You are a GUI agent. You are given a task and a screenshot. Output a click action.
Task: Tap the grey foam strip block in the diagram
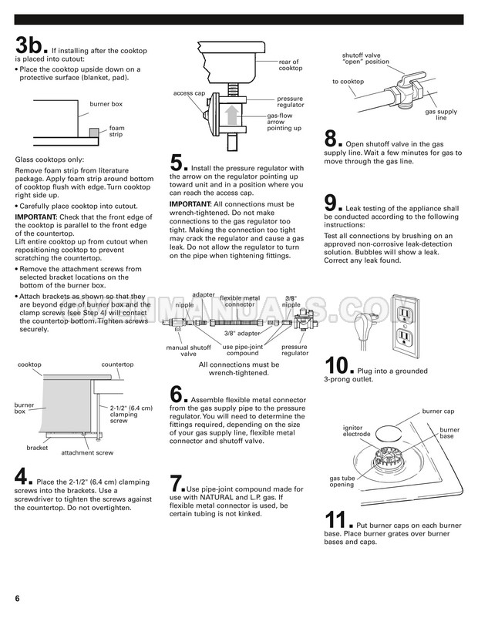coord(93,133)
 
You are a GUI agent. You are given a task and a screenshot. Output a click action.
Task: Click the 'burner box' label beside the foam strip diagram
coord(106,103)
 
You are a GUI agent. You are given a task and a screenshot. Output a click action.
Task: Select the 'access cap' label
coord(188,93)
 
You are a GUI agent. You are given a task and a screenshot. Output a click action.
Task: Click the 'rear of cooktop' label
coord(290,65)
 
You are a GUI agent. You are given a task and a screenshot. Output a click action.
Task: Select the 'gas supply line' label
coord(436,115)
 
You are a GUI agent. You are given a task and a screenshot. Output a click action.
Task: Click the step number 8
coord(332,139)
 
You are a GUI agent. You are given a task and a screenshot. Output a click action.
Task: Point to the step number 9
coord(332,203)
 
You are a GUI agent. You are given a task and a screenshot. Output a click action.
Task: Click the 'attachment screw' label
coord(87,453)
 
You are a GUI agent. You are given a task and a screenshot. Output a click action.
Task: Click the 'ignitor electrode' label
coord(357,431)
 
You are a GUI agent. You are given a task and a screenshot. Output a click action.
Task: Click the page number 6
coord(16,599)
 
